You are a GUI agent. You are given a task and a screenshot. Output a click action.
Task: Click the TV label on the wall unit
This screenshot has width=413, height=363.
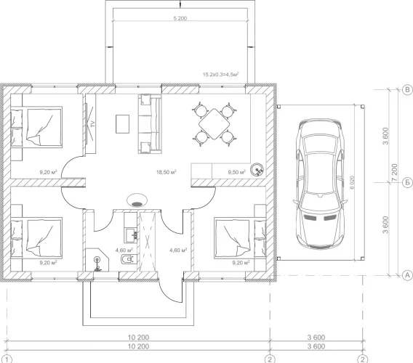92,123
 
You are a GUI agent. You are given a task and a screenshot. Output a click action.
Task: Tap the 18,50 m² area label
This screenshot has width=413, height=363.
167,172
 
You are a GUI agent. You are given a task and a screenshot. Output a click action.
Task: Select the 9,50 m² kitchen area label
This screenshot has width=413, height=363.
237,172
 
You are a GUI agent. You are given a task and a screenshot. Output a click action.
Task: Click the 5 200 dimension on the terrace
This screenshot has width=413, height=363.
180,18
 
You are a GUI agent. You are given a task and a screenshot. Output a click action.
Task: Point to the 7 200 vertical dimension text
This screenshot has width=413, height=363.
394,173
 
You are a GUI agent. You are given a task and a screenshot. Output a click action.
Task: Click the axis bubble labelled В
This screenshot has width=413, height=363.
407,90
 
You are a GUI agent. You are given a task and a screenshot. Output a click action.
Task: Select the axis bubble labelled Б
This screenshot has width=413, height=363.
407,182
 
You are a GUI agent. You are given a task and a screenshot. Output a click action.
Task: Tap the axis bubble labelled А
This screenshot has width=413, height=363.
407,275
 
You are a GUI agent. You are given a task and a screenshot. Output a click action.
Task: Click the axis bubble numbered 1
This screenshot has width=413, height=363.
8,359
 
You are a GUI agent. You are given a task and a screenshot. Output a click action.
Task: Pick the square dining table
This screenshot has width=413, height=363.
214,124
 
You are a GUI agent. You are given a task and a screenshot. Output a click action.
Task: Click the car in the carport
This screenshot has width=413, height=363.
319,184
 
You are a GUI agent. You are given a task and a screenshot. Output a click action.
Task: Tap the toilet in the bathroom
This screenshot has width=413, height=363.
128,259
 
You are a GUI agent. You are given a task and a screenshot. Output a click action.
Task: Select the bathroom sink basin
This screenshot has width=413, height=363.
131,234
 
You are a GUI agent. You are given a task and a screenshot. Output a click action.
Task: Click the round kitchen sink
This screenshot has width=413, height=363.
257,170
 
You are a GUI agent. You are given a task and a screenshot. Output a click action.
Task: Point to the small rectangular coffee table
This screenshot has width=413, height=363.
122,124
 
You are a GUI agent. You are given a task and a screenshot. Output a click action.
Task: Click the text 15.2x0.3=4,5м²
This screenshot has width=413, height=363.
221,75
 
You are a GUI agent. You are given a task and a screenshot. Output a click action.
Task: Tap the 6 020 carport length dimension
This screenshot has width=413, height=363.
353,182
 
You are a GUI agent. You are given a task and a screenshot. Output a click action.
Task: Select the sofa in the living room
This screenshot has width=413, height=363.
150,124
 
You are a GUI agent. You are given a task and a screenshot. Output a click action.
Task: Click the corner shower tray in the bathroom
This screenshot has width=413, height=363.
97,260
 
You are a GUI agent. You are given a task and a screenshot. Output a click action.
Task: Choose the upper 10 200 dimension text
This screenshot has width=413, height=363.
139,337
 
